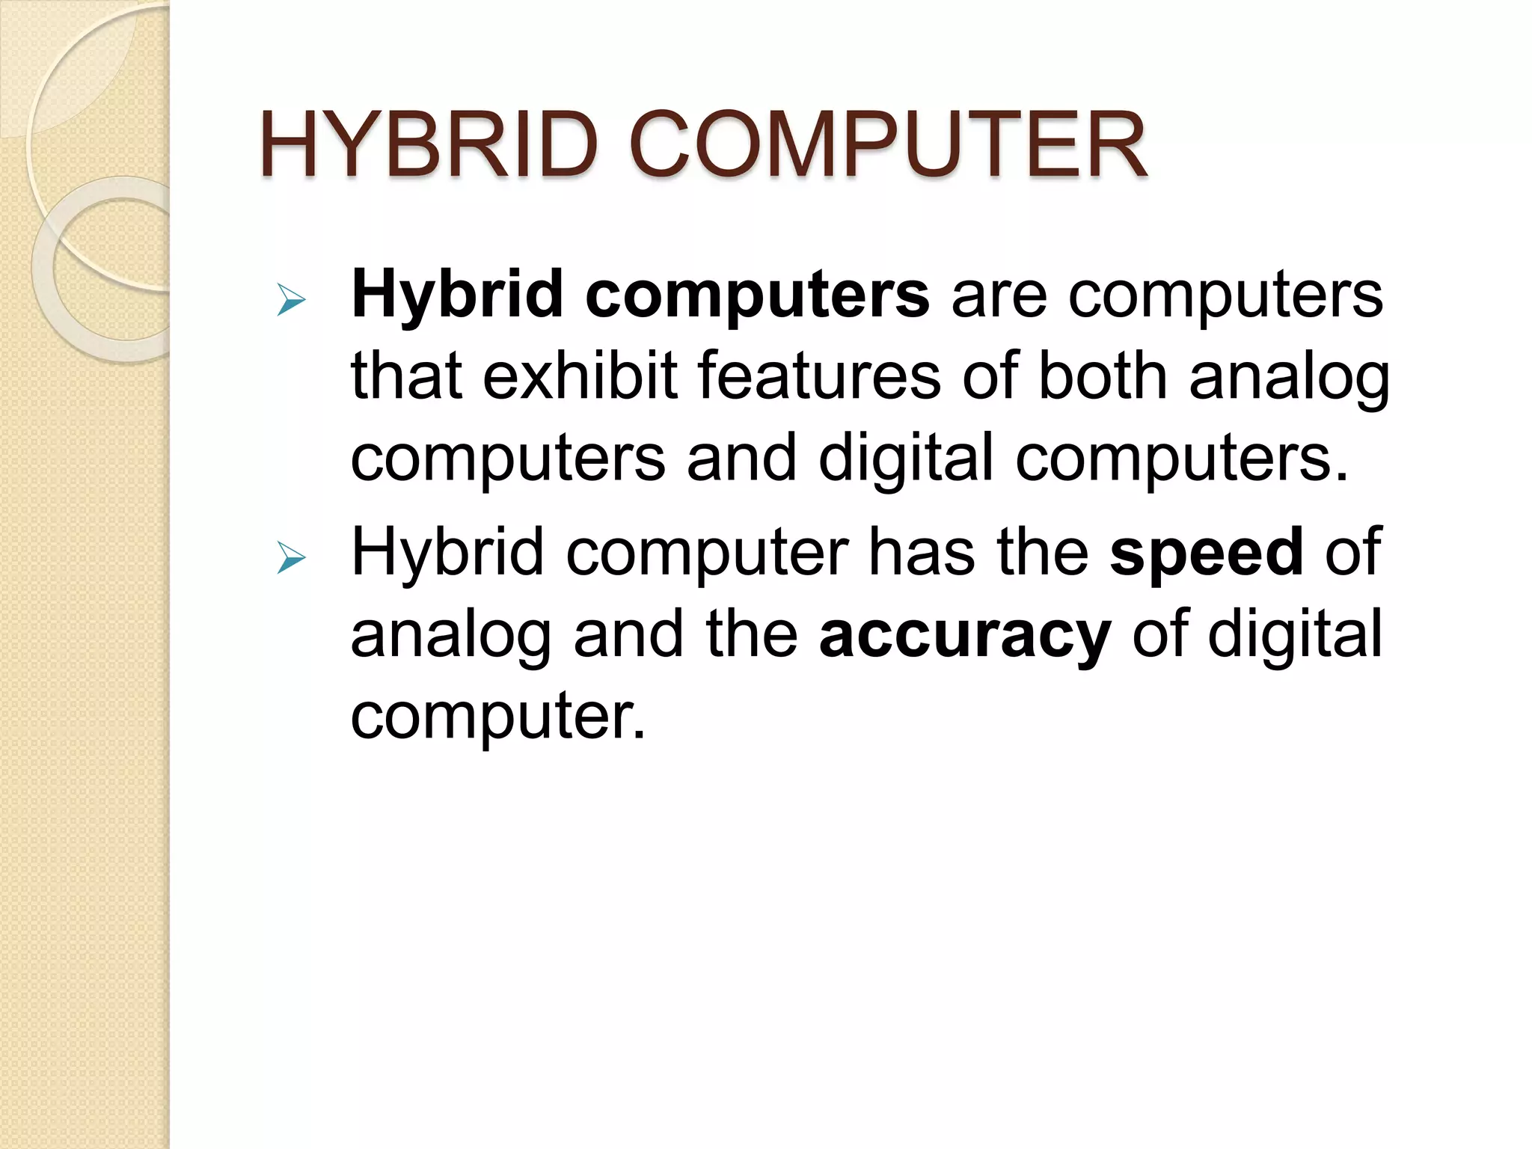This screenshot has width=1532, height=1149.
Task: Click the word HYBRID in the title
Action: (429, 145)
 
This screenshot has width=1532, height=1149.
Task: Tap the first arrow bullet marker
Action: (290, 301)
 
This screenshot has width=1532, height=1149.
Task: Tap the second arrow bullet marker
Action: (290, 558)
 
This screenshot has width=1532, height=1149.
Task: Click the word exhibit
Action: (580, 376)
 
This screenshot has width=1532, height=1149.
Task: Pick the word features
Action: (819, 376)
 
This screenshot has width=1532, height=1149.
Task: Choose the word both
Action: (1102, 376)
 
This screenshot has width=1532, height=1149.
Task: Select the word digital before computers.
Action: (906, 458)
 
